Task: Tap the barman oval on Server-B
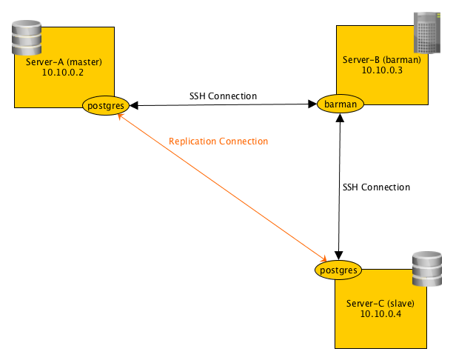340,104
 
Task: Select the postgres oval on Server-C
340,270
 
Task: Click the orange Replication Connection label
218,141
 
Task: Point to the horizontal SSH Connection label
223,96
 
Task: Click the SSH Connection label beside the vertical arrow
376,187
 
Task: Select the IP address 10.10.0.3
382,70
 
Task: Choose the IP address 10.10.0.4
380,314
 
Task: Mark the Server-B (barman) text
382,59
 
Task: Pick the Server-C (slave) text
380,303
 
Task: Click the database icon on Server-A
26,39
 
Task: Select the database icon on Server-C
426,270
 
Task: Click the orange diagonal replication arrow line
222,185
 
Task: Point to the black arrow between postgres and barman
222,106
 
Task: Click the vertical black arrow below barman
340,185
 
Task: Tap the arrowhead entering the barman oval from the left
312,105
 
